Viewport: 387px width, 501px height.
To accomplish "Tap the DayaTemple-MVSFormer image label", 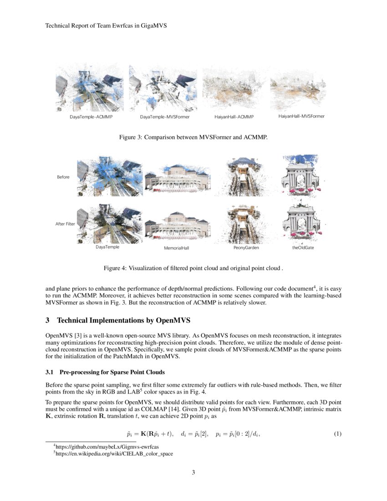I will point(165,117).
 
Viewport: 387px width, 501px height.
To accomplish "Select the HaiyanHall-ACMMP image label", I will point(234,117).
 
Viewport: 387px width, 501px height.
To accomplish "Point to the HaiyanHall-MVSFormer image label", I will point(301,117).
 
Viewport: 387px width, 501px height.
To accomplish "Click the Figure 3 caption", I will point(193,137).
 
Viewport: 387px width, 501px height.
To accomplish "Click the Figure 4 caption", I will point(193,268).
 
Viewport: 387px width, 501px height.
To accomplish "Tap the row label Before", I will point(63,177).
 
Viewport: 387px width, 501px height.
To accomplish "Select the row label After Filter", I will point(65,224).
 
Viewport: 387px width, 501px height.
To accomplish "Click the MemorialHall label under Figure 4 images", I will point(176,248).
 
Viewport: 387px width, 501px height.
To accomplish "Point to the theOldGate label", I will point(303,248).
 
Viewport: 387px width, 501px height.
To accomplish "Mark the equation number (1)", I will point(337,434).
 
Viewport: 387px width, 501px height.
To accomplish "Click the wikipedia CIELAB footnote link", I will point(114,454).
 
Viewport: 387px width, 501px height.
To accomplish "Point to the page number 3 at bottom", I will point(193,472).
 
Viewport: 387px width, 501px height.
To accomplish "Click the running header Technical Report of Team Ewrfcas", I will point(106,26).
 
